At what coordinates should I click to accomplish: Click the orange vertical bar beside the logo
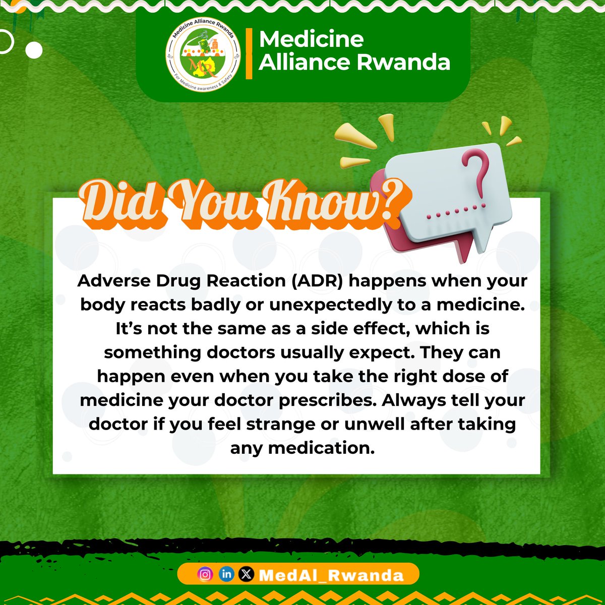(249, 54)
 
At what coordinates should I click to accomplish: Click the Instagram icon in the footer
(205, 575)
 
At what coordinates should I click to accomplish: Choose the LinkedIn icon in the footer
(226, 575)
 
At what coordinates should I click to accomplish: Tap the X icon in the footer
(246, 575)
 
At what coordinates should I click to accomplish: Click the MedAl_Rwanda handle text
(331, 575)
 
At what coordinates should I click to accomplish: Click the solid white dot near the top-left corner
(34, 50)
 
